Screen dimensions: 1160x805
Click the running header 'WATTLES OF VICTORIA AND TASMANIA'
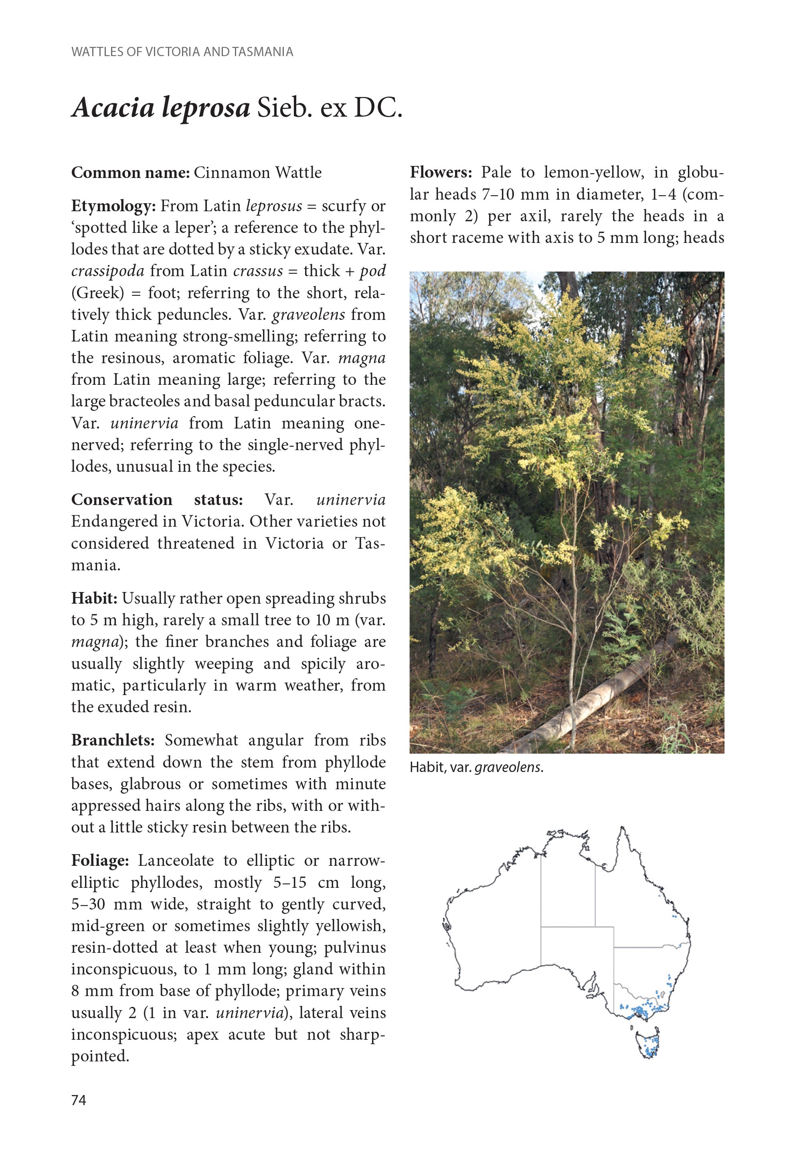click(182, 52)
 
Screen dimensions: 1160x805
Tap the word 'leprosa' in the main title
click(206, 107)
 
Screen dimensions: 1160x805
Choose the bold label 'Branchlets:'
click(113, 740)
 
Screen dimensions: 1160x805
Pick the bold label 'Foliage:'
click(100, 861)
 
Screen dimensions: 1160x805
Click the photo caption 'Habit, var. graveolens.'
click(476, 767)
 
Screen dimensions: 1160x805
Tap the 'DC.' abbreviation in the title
click(378, 107)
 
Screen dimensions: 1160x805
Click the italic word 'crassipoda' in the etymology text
click(107, 271)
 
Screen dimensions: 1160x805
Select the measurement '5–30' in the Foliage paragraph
click(88, 904)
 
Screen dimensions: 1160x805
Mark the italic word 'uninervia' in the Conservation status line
click(350, 499)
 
